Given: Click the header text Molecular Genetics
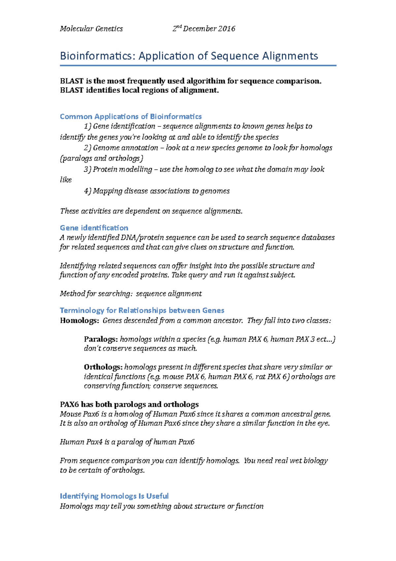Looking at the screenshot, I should pyautogui.click(x=91, y=29).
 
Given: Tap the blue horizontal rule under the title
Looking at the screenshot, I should pyautogui.click(x=198, y=66).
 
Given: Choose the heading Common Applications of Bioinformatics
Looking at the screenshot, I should pyautogui.click(x=131, y=116).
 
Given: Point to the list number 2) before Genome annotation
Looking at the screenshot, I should pyautogui.click(x=87, y=148).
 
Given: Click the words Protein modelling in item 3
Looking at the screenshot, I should pyautogui.click(x=122, y=169).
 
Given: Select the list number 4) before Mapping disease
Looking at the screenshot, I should pyautogui.click(x=87, y=191).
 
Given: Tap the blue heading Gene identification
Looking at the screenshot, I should pyautogui.click(x=94, y=228).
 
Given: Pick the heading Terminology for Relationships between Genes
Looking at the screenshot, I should pyautogui.click(x=142, y=310).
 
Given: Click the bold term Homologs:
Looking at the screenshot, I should pyautogui.click(x=79, y=320).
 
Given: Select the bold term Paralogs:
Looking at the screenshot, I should pyautogui.click(x=101, y=339).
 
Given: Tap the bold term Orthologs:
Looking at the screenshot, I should pyautogui.click(x=103, y=367).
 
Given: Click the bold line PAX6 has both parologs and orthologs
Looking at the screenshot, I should pyautogui.click(x=129, y=404).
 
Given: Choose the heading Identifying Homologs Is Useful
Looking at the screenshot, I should pyautogui.click(x=114, y=496).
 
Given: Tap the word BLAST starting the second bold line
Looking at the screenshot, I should pyautogui.click(x=72, y=90).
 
